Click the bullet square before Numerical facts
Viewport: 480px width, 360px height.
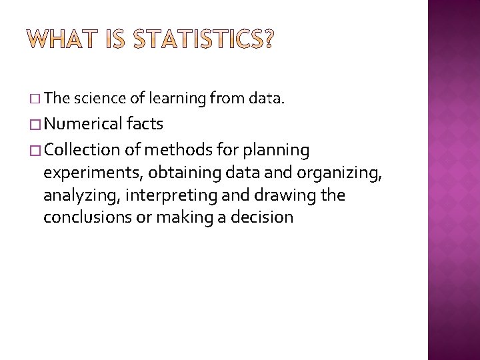pos(35,125)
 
